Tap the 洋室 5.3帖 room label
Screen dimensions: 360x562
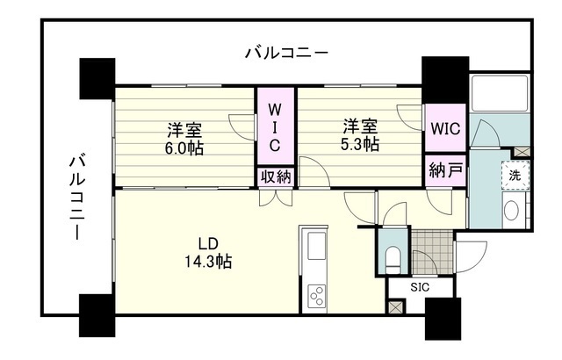pyautogui.click(x=361, y=134)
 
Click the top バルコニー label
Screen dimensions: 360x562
pyautogui.click(x=286, y=54)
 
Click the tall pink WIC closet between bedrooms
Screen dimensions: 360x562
pyautogui.click(x=275, y=126)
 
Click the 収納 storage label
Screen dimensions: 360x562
pyautogui.click(x=275, y=176)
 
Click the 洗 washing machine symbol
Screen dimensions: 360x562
pyautogui.click(x=517, y=175)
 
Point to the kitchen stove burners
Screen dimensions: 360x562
pyautogui.click(x=315, y=295)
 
